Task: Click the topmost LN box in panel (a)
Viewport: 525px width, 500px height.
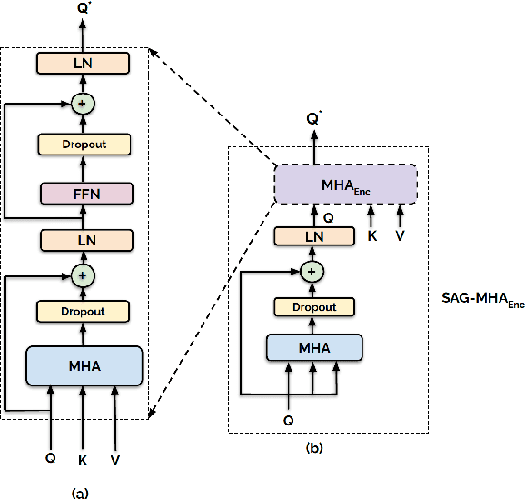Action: click(84, 63)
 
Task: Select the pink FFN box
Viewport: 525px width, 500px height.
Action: click(84, 193)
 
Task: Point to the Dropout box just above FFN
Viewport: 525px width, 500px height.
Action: click(84, 144)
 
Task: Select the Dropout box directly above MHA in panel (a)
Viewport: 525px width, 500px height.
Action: click(84, 311)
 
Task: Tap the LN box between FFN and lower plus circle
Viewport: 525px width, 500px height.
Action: click(84, 239)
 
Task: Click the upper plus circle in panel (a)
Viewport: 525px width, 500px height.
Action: click(84, 104)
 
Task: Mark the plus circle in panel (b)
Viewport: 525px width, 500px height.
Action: click(312, 271)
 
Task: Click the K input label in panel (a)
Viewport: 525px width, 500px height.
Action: click(83, 460)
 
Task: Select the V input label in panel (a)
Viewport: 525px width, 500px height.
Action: click(115, 460)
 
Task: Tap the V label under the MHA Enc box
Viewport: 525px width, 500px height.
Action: click(400, 235)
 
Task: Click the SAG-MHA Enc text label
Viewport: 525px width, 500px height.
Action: click(477, 299)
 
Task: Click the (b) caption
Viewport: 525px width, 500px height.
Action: click(314, 447)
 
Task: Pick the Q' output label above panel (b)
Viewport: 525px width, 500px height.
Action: click(314, 118)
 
